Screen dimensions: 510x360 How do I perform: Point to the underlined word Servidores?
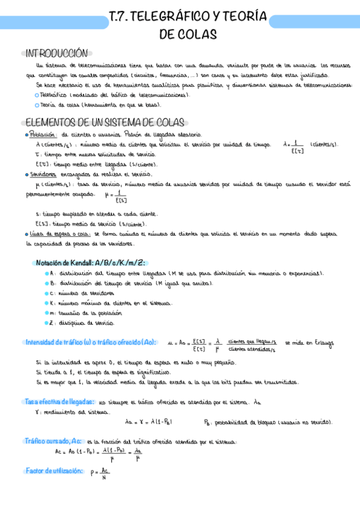click(x=46, y=174)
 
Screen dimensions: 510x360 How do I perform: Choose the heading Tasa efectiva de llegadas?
click(x=59, y=401)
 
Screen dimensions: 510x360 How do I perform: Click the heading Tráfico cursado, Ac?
click(x=55, y=441)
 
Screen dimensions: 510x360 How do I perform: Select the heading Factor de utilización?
click(x=55, y=471)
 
